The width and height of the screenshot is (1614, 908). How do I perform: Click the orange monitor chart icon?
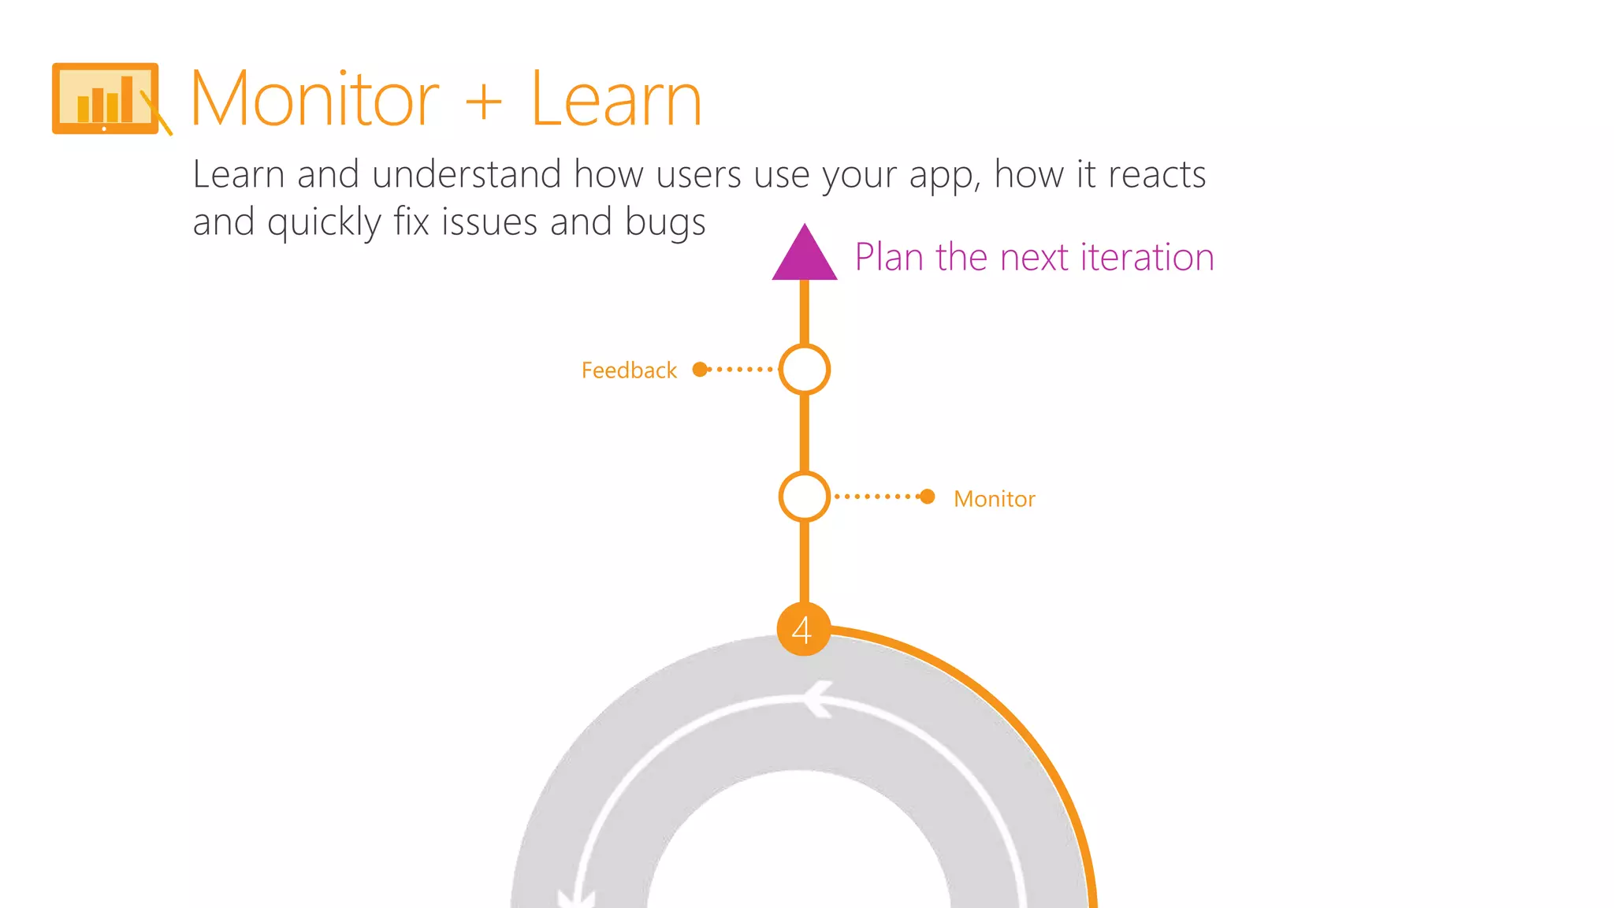point(106,99)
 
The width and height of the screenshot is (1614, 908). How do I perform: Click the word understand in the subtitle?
point(467,174)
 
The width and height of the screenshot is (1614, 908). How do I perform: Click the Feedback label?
point(629,370)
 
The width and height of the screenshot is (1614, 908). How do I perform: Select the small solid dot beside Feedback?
point(699,369)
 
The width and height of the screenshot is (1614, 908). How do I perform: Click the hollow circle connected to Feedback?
point(804,369)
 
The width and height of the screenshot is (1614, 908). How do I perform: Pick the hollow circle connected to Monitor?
point(804,497)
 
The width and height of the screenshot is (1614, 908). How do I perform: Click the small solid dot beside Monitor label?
point(928,497)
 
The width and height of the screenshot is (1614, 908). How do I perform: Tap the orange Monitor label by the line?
point(994,499)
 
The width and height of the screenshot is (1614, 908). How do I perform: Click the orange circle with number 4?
point(803,629)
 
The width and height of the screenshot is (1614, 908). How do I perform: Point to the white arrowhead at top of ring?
point(818,698)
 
